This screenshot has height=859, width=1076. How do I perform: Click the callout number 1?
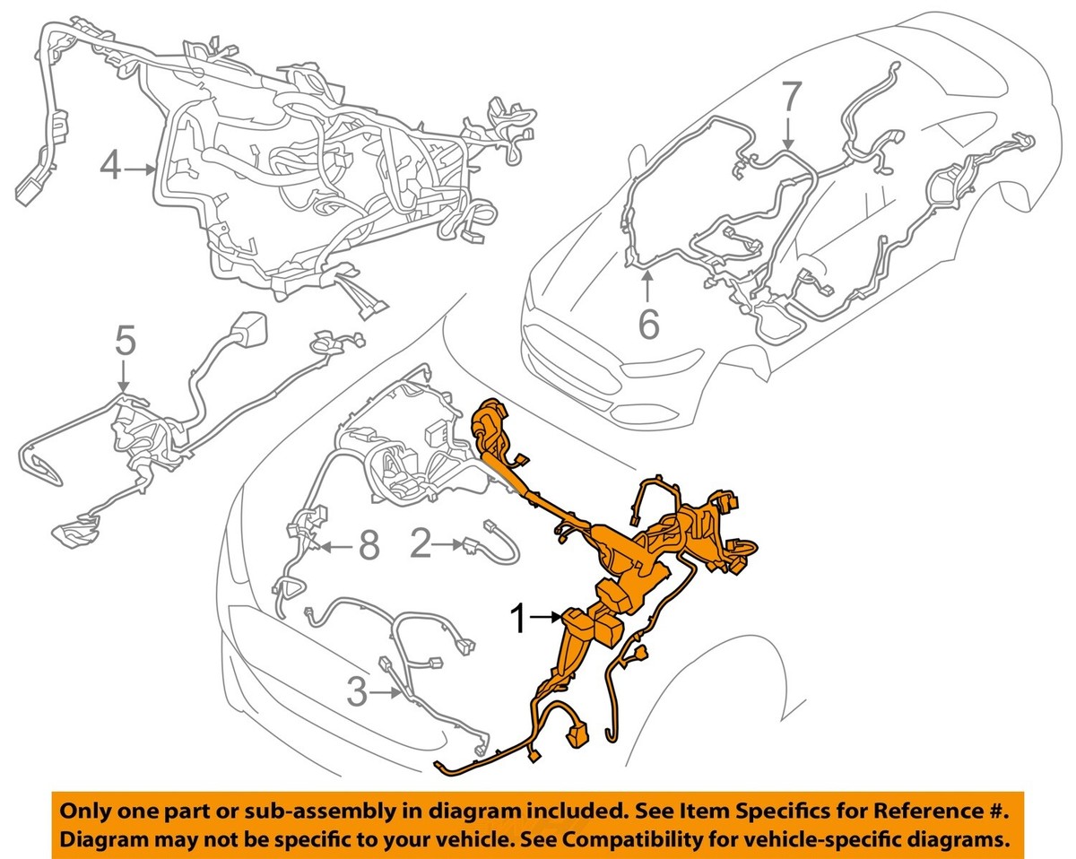(x=519, y=619)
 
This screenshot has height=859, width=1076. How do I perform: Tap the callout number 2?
(x=421, y=543)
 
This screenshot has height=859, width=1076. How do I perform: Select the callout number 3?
(x=357, y=693)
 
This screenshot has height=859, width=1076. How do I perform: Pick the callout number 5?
(x=125, y=341)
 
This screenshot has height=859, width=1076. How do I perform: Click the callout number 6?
(x=649, y=325)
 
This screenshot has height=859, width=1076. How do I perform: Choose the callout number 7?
(x=789, y=98)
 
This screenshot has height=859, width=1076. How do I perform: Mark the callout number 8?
(x=369, y=546)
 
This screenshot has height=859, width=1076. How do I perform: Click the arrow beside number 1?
(x=545, y=618)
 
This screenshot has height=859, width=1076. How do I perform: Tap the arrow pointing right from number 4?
(x=140, y=170)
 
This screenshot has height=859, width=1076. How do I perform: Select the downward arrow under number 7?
(x=788, y=134)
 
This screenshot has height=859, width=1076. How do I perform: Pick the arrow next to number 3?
(x=386, y=692)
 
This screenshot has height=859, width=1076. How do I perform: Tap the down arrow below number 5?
(x=123, y=375)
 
